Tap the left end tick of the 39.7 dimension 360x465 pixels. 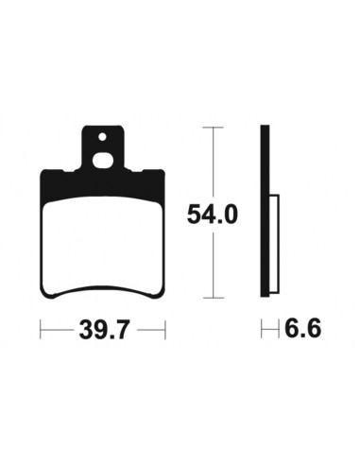click(x=40, y=330)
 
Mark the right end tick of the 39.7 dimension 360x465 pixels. click(x=165, y=330)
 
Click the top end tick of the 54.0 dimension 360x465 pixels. click(x=214, y=126)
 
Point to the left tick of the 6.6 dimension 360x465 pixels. click(x=262, y=330)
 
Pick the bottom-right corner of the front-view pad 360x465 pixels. click(x=163, y=294)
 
